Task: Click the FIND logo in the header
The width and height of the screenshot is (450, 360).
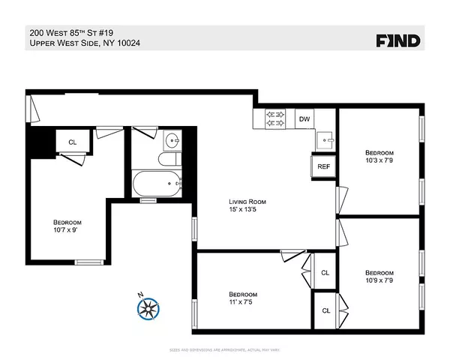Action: tap(397, 40)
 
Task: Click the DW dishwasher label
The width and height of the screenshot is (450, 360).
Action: tap(304, 118)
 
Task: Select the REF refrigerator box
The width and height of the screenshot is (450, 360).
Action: tap(323, 166)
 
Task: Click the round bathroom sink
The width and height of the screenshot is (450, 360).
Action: tap(172, 139)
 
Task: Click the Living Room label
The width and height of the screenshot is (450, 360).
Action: tap(247, 202)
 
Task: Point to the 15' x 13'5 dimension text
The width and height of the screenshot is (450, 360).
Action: tap(247, 210)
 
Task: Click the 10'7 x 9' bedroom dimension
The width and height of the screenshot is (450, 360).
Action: tap(67, 231)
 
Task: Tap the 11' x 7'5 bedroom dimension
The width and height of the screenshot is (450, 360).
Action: tap(243, 302)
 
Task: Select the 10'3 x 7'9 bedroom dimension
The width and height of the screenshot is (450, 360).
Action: tap(379, 159)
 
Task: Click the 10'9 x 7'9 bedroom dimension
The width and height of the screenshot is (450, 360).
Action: tap(379, 280)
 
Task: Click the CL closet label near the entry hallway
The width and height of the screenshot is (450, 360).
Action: tap(72, 142)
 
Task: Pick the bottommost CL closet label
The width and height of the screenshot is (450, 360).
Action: tap(325, 310)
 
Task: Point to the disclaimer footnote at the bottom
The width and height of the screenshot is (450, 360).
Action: tap(225, 350)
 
